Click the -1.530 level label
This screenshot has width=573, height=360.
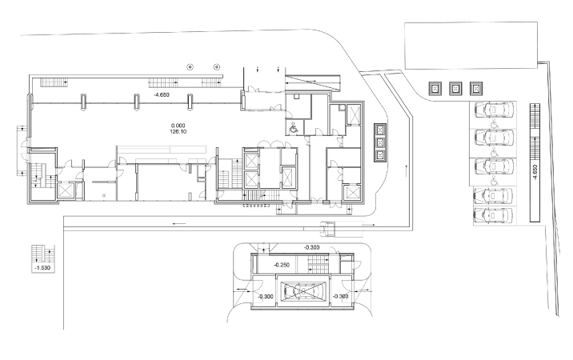[42, 268]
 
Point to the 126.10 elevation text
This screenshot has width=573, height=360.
[178, 131]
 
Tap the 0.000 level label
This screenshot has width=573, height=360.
[178, 126]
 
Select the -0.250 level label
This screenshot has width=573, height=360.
[282, 265]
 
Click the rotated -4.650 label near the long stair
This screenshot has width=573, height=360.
[535, 173]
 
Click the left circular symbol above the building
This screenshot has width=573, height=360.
[190, 67]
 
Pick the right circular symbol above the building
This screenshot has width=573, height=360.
[217, 67]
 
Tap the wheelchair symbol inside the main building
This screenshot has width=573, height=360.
[294, 128]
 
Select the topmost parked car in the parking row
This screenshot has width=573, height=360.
[494, 110]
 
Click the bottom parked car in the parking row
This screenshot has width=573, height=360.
[493, 215]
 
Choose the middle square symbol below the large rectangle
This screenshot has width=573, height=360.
[455, 89]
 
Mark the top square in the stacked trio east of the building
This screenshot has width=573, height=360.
[380, 130]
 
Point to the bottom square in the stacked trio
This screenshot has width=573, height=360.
[380, 156]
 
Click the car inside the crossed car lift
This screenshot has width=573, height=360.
[303, 291]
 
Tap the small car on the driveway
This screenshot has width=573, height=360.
[328, 229]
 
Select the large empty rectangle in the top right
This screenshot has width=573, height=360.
[471, 46]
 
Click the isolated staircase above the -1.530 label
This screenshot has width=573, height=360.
[42, 254]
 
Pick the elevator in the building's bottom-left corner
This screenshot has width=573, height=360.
[66, 190]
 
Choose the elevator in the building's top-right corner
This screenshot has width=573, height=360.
[354, 114]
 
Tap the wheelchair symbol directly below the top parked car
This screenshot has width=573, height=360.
[494, 124]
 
